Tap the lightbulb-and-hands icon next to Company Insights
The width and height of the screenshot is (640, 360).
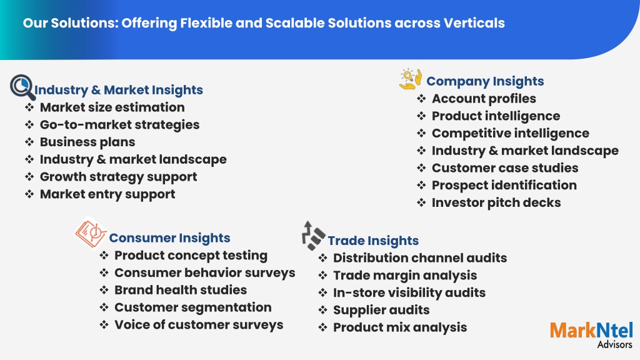[410, 79]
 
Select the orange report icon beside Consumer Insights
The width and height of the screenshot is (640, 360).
[91, 232]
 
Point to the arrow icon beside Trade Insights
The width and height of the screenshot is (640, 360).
[313, 236]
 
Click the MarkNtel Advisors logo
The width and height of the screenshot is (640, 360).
[591, 335]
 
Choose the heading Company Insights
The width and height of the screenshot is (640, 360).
[485, 81]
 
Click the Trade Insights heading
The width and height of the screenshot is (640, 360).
[373, 241]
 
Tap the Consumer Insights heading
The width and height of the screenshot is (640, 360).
[169, 237]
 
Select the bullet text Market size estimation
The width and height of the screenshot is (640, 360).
[112, 107]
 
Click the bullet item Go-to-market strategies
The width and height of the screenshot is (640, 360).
[119, 125]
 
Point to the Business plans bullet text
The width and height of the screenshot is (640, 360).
[87, 142]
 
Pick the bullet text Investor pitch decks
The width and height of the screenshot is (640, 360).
[496, 202]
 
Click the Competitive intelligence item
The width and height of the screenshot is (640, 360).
[511, 133]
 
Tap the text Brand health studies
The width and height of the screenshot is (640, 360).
[181, 290]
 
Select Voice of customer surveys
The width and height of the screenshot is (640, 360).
[199, 325]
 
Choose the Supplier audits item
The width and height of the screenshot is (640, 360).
[381, 310]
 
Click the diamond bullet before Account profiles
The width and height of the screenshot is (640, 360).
[421, 99]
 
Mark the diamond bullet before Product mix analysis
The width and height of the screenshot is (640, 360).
[323, 327]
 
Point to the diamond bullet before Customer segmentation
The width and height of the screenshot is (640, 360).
[104, 307]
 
